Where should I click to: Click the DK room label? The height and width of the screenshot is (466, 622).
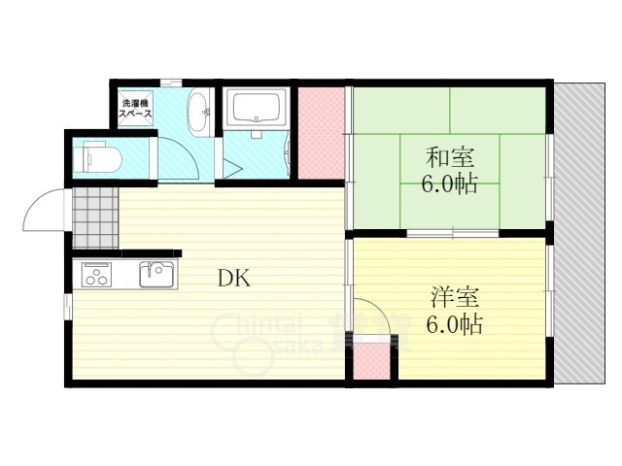[233, 279]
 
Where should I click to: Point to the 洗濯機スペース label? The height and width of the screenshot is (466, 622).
[136, 108]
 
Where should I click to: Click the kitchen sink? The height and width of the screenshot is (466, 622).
[155, 274]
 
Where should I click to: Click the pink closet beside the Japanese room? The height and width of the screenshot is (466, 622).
[319, 133]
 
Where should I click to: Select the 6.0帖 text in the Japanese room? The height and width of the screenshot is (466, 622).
[449, 183]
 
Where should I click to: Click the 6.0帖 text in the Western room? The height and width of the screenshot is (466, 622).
[455, 323]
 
